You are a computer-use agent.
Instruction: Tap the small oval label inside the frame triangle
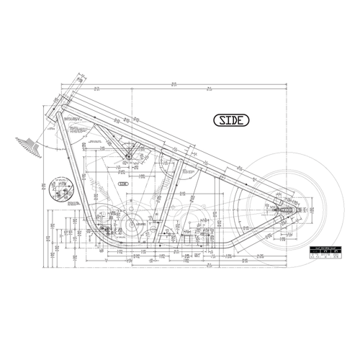(122, 185)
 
